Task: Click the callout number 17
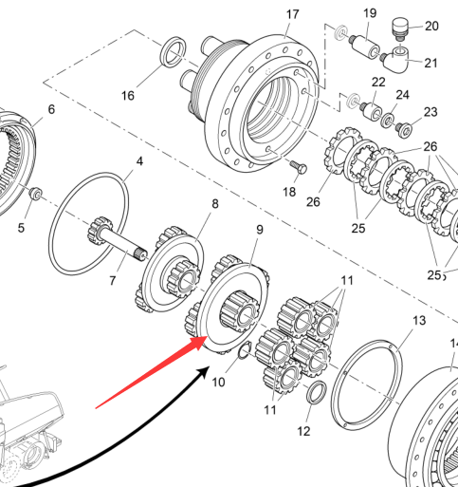click(x=292, y=14)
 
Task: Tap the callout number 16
click(x=128, y=96)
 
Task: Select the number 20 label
click(x=431, y=27)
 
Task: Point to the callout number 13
click(x=419, y=321)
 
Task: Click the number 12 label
click(x=303, y=431)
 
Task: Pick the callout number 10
click(x=218, y=383)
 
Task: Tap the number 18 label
click(x=289, y=192)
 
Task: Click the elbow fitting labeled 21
click(x=394, y=60)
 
